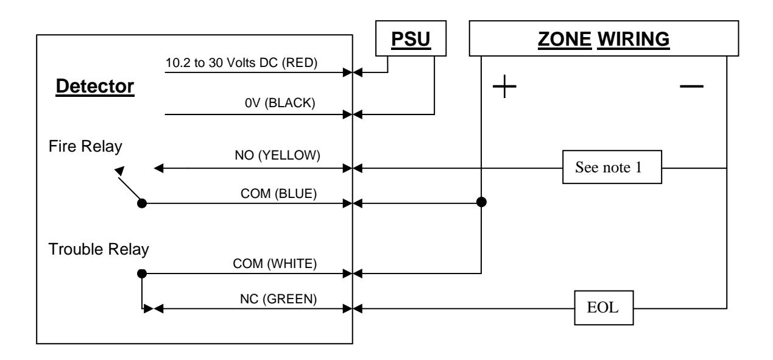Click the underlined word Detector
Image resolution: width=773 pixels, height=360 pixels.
coord(95,86)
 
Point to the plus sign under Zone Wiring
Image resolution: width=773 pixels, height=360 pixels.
coord(504,86)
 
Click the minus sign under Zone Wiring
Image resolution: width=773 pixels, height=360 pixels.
coord(691,86)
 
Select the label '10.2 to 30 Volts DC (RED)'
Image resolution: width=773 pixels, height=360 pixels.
coord(241,63)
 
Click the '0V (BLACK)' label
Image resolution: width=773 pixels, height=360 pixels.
coord(280,103)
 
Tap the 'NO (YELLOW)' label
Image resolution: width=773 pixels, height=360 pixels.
coord(277,155)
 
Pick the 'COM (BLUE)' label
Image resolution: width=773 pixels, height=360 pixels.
coord(278,194)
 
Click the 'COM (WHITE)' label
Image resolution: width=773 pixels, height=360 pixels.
coord(275,264)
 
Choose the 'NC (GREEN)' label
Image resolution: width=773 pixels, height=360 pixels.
coord(278,299)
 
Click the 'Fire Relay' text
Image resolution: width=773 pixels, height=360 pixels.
coord(85,146)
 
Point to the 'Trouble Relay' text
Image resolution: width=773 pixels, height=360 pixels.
coord(99,249)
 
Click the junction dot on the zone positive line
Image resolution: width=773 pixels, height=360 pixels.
coord(481,202)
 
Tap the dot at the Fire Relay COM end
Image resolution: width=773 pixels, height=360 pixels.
coord(142,203)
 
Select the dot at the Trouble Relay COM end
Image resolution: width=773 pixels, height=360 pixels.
coord(142,274)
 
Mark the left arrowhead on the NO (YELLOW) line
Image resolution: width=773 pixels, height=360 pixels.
coord(158,169)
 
